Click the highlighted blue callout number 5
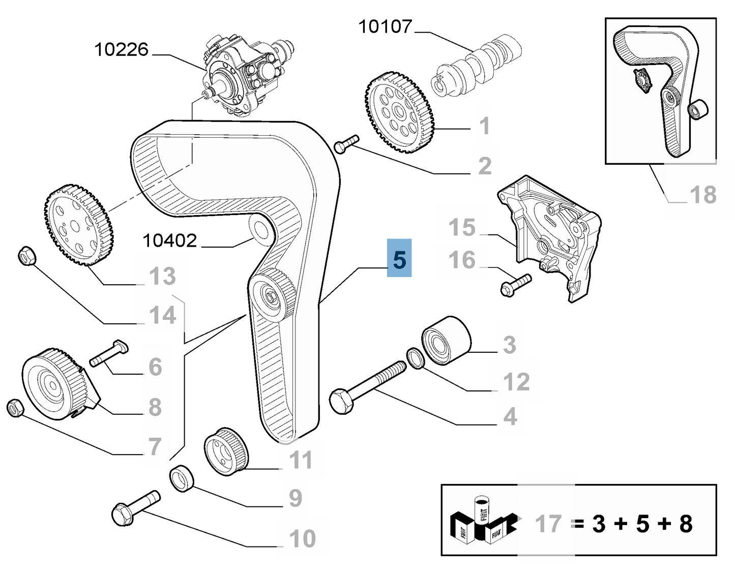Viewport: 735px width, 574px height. pos(399,259)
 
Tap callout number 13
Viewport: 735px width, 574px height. pos(162,277)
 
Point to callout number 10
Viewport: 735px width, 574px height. pos(302,538)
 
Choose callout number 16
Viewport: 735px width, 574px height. pos(462,260)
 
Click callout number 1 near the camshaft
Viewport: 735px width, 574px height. pos(485,126)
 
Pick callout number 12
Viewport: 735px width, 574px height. pos(516,381)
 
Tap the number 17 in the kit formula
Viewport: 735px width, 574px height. pos(548,523)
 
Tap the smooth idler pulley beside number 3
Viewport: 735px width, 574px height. pos(446,341)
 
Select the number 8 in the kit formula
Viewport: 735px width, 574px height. pos(686,523)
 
